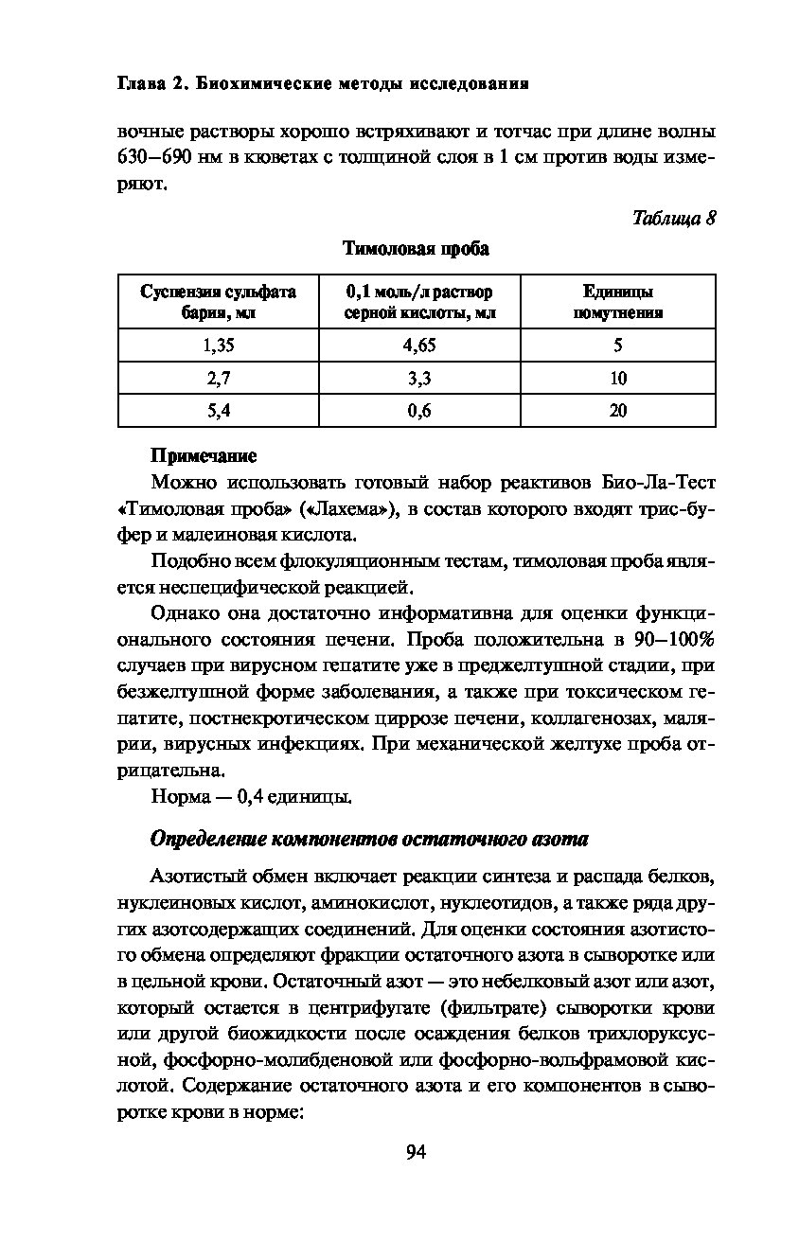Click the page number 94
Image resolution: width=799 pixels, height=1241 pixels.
pos(417,1152)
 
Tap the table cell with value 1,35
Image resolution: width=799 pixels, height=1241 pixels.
pos(218,346)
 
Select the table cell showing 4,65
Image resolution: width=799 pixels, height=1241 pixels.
pos(419,346)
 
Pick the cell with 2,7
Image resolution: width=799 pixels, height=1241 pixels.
pos(218,379)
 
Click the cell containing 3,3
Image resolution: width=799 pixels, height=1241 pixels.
pos(419,379)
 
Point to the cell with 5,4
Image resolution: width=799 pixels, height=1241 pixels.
pos(218,411)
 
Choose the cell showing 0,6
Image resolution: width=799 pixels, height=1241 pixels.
pos(419,411)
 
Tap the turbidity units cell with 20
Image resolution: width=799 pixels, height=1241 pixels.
pos(617,411)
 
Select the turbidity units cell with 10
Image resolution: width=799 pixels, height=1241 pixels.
pos(617,379)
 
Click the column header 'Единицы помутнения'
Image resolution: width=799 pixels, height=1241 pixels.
pos(617,302)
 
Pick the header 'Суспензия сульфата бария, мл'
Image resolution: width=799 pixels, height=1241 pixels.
pos(218,302)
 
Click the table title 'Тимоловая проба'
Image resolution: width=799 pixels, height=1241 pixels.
pos(416,250)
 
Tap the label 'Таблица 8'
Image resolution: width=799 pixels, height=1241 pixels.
pos(673,219)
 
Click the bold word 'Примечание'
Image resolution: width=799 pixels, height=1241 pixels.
pos(204,456)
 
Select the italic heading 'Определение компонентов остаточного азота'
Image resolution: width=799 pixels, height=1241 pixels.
pos(369,840)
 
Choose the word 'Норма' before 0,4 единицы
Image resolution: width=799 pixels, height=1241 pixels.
pos(179,797)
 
